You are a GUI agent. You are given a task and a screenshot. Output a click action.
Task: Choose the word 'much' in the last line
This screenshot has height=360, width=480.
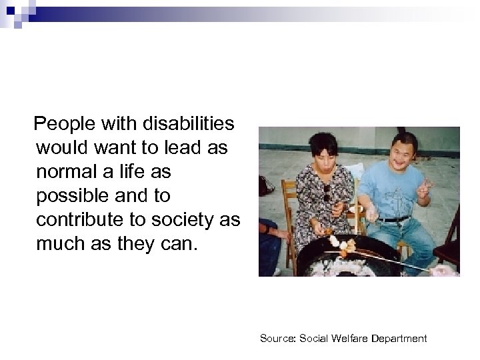point(63,243)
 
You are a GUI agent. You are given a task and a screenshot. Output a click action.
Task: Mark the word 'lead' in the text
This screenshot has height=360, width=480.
point(176,148)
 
